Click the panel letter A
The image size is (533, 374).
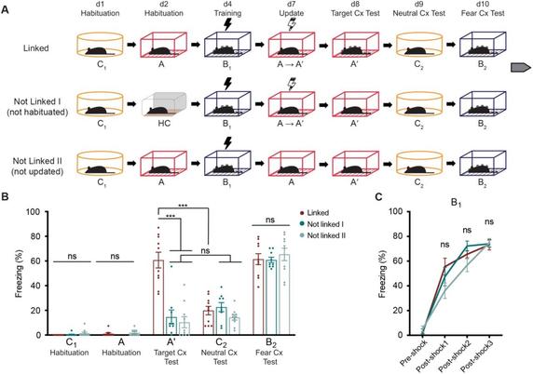coord(7,7)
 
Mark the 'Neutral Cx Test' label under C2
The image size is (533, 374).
coord(213,359)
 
